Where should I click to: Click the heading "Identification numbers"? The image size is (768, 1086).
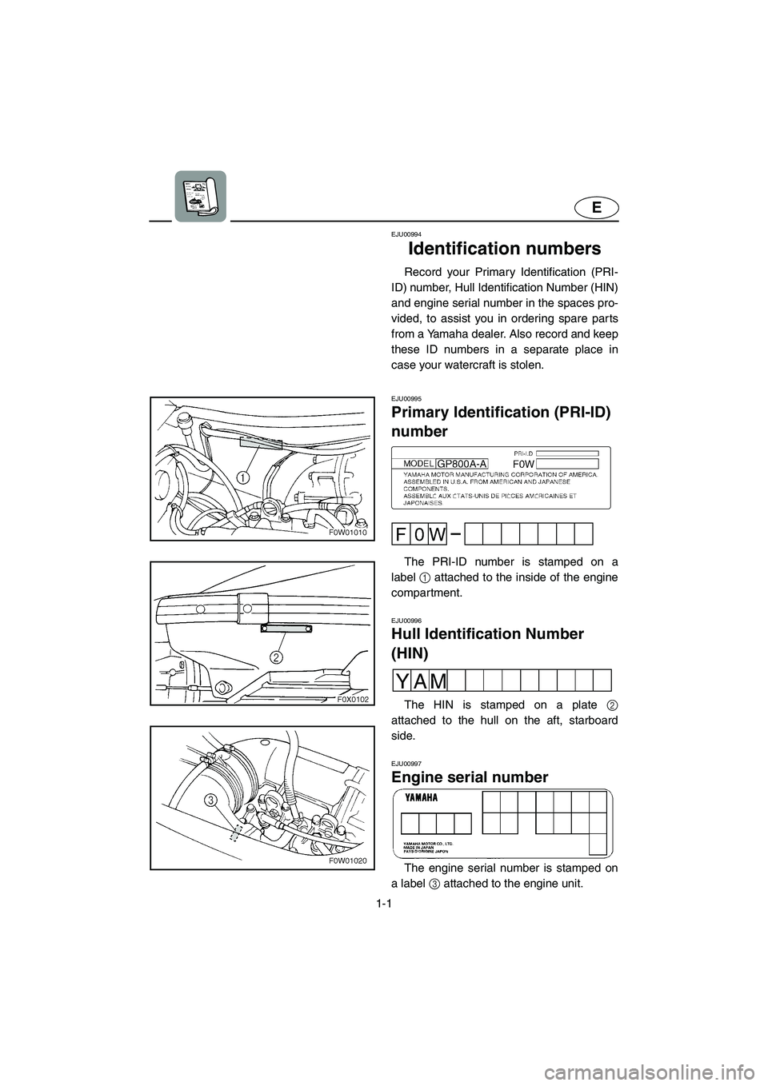504,249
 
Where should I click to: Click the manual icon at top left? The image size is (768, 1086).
201,197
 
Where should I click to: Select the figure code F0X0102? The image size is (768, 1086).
351,698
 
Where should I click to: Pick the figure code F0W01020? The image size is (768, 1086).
349,860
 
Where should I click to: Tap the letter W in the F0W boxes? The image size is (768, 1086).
438,533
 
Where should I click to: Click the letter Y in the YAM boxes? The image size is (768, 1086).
402,680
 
